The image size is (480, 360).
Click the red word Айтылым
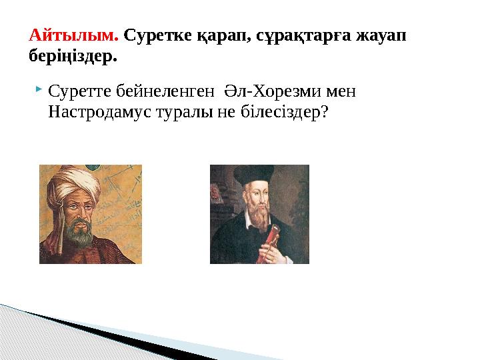73,34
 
